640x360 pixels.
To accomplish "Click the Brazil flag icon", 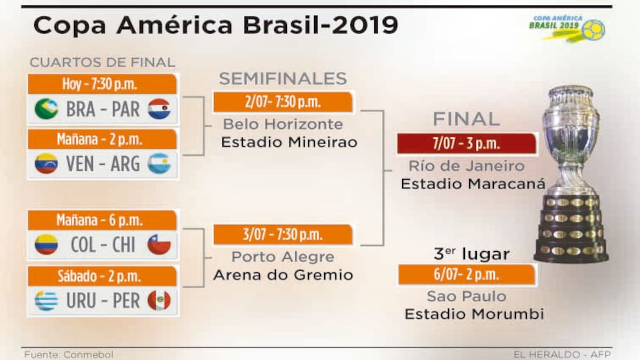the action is tap(46, 109).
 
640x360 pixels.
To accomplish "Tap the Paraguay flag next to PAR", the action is tap(159, 109).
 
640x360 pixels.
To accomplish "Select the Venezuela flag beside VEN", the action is tap(46, 163).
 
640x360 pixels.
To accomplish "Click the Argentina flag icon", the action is tap(159, 163).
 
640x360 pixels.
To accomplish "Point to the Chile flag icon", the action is tap(159, 245).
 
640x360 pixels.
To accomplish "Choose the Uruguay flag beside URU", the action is tap(46, 301).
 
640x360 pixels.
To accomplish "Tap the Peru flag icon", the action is tap(159, 301).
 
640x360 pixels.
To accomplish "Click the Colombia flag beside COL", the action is tap(46, 245).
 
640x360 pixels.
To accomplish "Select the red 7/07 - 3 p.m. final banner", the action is tap(467, 143).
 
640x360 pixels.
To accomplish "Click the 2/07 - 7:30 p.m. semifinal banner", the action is tap(283, 102).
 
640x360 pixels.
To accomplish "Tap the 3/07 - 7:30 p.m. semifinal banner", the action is tap(283, 235).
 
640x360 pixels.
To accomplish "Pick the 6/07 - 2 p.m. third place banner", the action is tap(467, 275).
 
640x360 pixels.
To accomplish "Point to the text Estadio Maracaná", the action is tap(473, 183).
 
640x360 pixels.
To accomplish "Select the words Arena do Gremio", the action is tap(283, 275).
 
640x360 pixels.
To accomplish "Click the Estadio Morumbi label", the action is tap(474, 314).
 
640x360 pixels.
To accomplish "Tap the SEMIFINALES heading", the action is tap(283, 78).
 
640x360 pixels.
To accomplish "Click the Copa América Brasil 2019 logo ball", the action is tap(594, 30).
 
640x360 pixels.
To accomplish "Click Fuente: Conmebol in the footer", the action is tap(69, 355).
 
